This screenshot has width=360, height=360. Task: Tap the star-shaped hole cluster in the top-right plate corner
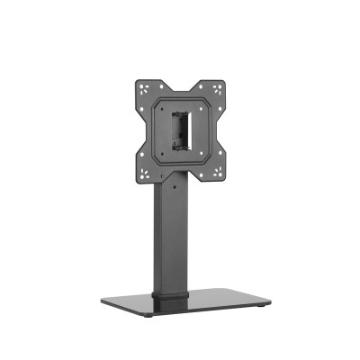[x=216, y=88]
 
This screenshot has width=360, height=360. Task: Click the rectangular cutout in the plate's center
[x=179, y=127]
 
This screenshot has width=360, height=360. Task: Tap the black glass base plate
[x=207, y=301]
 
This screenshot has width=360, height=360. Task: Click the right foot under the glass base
[x=260, y=313]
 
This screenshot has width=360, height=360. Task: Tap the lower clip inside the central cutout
[x=179, y=141]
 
